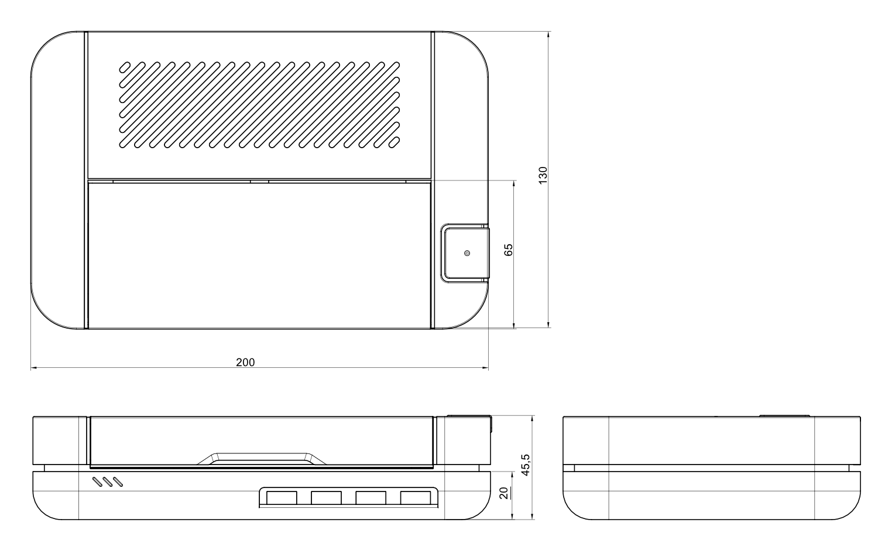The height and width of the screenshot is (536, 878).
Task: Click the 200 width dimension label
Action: pyautogui.click(x=245, y=362)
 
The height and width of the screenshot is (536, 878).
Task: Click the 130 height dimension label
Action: pyautogui.click(x=543, y=175)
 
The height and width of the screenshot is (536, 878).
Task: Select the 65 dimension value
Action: pyautogui.click(x=509, y=250)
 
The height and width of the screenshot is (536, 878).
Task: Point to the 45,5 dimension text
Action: pyautogui.click(x=526, y=465)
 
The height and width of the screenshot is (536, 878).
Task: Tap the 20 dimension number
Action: pyautogui.click(x=505, y=493)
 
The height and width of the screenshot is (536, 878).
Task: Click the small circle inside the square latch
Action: pyautogui.click(x=467, y=254)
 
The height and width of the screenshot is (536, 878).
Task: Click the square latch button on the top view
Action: pyautogui.click(x=465, y=254)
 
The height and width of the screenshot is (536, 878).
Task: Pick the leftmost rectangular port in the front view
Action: pyautogui.click(x=282, y=497)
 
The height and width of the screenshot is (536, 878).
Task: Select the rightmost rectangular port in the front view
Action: pyautogui.click(x=416, y=497)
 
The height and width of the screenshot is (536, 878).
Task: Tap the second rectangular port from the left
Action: pyautogui.click(x=326, y=497)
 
